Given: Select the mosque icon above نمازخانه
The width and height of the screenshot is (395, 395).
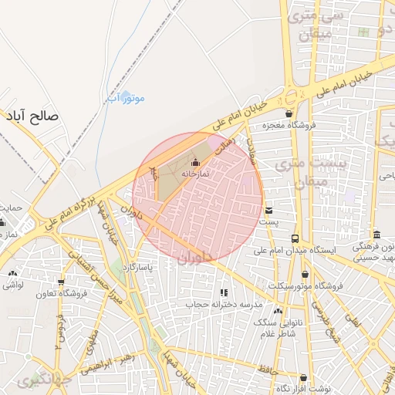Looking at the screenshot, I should [195, 163].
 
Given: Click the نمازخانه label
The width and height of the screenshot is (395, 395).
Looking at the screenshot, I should [196, 174].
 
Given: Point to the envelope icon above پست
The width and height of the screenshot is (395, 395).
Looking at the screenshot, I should [268, 210].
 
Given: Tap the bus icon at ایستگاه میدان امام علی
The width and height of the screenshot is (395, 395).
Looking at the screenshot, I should [295, 239].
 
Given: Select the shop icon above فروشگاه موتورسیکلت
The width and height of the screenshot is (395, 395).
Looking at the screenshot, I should [306, 274].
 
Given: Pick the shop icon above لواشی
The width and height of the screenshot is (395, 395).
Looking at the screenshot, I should [12, 274].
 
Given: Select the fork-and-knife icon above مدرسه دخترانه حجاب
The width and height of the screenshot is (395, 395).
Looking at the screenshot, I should [225, 293].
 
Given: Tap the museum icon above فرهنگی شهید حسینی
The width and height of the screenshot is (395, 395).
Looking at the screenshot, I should [376, 235].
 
